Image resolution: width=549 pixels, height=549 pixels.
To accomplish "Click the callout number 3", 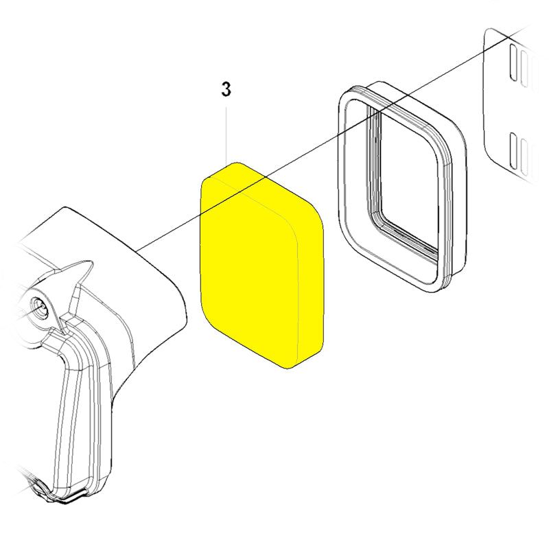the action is [x=226, y=90].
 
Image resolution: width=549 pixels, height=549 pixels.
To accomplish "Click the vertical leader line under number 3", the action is [x=226, y=135].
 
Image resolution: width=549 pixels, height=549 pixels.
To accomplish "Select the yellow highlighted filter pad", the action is [x=262, y=266].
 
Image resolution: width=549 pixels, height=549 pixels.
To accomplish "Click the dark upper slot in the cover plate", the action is [x=513, y=62].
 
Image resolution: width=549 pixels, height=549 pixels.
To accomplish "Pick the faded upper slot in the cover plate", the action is [x=524, y=69].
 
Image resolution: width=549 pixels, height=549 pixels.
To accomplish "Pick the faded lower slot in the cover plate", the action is [x=524, y=157].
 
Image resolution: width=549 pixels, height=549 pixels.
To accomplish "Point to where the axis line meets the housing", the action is [x=138, y=250].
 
